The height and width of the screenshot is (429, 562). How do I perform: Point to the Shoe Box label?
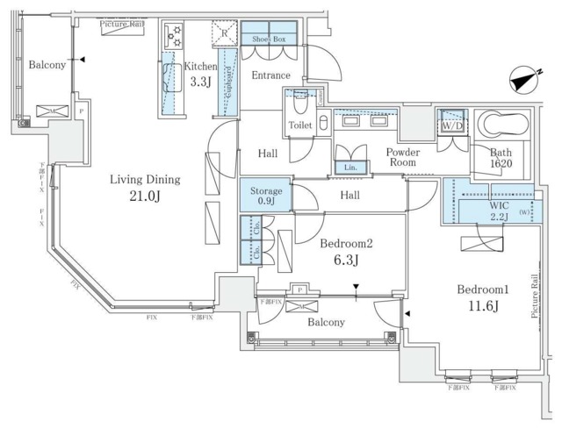270,39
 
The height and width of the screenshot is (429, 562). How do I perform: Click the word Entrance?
271,75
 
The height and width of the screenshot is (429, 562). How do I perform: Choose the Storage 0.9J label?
266,196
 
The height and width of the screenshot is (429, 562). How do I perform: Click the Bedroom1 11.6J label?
479,297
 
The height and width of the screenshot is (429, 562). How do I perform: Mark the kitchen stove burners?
173,36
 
